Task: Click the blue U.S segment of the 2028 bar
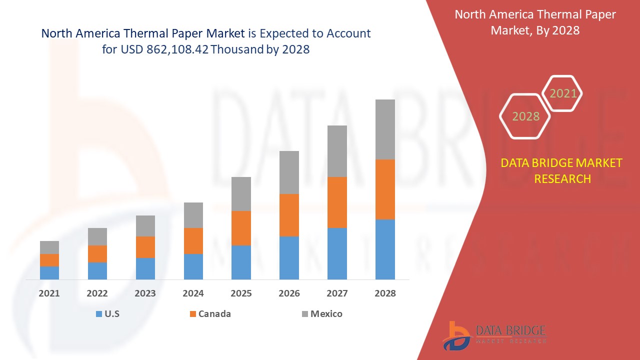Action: pyautogui.click(x=385, y=249)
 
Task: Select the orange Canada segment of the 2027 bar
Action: pyautogui.click(x=337, y=202)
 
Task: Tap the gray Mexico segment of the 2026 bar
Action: pyautogui.click(x=289, y=172)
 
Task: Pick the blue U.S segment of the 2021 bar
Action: pyautogui.click(x=49, y=272)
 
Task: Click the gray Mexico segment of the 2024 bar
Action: pyautogui.click(x=193, y=215)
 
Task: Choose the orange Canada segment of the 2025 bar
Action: pyautogui.click(x=241, y=228)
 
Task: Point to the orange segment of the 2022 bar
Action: pyautogui.click(x=97, y=253)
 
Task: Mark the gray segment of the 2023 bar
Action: pyautogui.click(x=145, y=225)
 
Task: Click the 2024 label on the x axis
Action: pyautogui.click(x=193, y=293)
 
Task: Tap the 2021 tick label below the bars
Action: pyautogui.click(x=49, y=293)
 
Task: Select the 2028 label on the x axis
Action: pyautogui.click(x=385, y=293)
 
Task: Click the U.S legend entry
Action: pyautogui.click(x=107, y=314)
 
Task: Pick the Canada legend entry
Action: pyautogui.click(x=210, y=314)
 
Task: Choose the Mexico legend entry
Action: pyautogui.click(x=322, y=314)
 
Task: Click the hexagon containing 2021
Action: pyautogui.click(x=563, y=93)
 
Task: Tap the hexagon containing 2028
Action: pyautogui.click(x=525, y=116)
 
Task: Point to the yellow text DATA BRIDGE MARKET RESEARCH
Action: pyautogui.click(x=561, y=170)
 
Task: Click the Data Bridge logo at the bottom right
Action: pyautogui.click(x=492, y=335)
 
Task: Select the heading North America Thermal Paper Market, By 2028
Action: pyautogui.click(x=535, y=22)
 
